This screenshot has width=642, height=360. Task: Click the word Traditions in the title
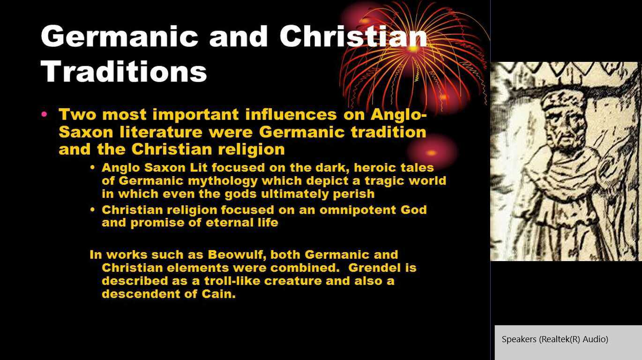[x=124, y=72]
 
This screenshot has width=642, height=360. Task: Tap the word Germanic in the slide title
[x=119, y=37]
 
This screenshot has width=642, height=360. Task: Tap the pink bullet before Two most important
[x=45, y=114]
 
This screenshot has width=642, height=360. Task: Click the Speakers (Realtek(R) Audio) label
[x=555, y=339]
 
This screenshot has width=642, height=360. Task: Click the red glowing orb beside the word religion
[x=431, y=152]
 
